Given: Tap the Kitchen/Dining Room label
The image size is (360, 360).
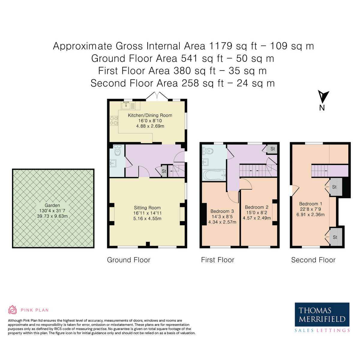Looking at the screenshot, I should [x=150, y=115].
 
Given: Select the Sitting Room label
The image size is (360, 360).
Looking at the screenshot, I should [x=147, y=208].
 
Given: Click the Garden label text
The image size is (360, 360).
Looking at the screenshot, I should [x=52, y=205].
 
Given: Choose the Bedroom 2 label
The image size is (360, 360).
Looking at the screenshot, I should [x=256, y=207].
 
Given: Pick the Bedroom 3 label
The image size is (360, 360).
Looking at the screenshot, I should [x=222, y=211].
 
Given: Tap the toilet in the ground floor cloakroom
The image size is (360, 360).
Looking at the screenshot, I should [x=117, y=151].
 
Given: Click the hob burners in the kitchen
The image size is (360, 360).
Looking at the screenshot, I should [x=114, y=121].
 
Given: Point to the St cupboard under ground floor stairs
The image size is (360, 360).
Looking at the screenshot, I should [x=164, y=171].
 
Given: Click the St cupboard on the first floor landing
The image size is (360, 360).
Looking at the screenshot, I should [x=272, y=149].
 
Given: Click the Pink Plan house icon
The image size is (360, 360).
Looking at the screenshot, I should [x=12, y=310].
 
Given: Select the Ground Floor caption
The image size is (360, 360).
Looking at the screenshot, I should [x=129, y=260].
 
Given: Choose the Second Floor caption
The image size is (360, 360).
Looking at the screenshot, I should [x=313, y=260].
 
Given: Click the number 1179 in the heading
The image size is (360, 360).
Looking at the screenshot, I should [x=220, y=46].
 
